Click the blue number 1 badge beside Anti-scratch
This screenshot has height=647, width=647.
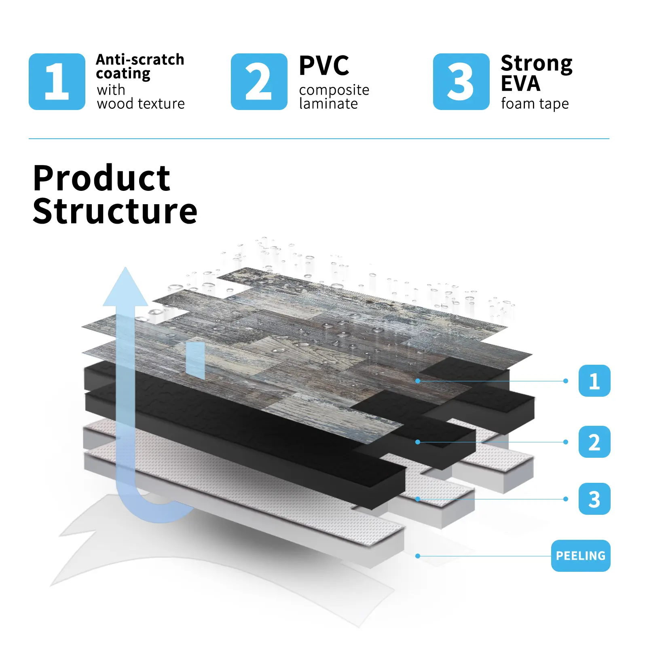(x=57, y=82)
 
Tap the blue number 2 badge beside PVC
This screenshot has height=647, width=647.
(x=259, y=82)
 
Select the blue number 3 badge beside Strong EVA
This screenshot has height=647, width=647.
(x=461, y=82)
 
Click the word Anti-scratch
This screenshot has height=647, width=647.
(x=140, y=59)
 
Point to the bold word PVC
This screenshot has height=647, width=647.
(x=324, y=66)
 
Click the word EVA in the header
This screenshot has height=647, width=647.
(x=520, y=84)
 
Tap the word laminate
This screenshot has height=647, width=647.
(x=328, y=104)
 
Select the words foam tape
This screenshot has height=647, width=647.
(x=535, y=104)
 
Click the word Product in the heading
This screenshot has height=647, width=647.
(x=101, y=178)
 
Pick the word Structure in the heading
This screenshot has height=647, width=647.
(x=115, y=211)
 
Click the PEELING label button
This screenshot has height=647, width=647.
(x=580, y=556)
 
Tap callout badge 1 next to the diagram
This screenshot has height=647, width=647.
(x=594, y=381)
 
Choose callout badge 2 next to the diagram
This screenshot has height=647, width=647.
(x=594, y=442)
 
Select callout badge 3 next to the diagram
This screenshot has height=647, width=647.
(x=594, y=499)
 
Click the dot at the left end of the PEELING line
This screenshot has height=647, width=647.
(x=418, y=556)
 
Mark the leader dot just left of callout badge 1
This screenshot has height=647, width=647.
(x=565, y=381)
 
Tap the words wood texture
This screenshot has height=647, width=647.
(x=141, y=104)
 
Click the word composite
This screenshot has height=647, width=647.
(x=334, y=90)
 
